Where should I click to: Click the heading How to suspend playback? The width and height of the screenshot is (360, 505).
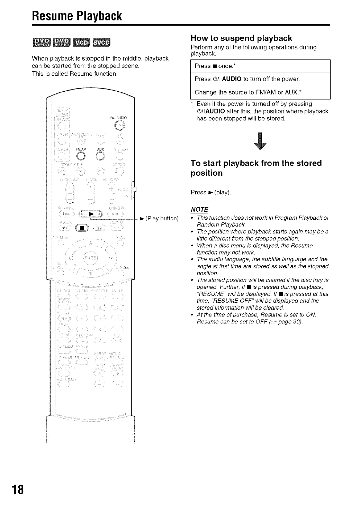(241, 38)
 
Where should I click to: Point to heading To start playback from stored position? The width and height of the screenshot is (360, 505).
(256, 168)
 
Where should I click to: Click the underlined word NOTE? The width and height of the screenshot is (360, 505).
(199, 210)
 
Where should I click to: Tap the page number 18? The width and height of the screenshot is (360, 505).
(18, 490)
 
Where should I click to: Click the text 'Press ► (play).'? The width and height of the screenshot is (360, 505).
(210, 192)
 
